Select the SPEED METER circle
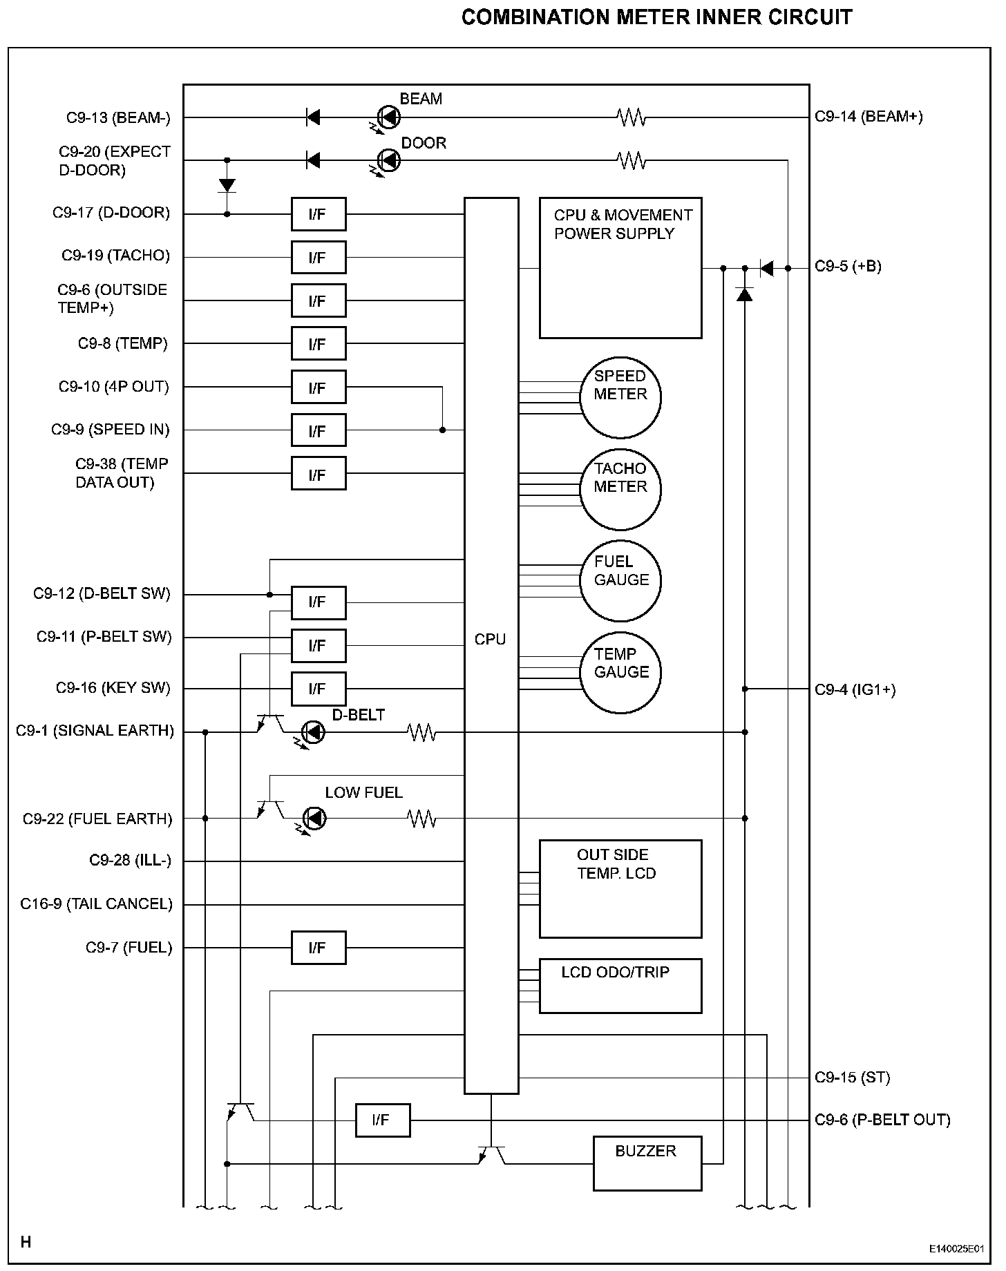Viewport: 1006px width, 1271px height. pos(620,397)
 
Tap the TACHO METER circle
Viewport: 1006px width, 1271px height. pos(620,489)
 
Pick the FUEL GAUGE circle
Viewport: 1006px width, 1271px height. pos(620,581)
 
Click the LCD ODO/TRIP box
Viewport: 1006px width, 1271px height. pos(620,986)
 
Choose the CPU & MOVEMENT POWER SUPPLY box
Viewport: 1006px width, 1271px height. pos(620,268)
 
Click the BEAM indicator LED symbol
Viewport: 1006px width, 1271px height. pos(390,117)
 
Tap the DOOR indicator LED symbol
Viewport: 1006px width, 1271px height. pos(390,160)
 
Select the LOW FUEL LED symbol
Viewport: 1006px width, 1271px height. pos(315,819)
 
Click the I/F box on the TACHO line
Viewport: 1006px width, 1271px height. pos(318,258)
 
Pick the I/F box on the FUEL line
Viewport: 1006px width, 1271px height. pos(318,948)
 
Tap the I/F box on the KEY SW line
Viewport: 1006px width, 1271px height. pos(318,689)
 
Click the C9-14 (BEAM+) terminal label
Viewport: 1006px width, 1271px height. pos(869,117)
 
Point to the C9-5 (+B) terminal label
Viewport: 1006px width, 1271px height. pos(848,267)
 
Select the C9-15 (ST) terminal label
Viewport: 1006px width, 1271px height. pos(852,1077)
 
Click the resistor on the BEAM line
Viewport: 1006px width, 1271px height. pos(631,117)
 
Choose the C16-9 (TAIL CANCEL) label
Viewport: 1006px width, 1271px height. pos(96,904)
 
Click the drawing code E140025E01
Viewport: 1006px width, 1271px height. pos(956,1249)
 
